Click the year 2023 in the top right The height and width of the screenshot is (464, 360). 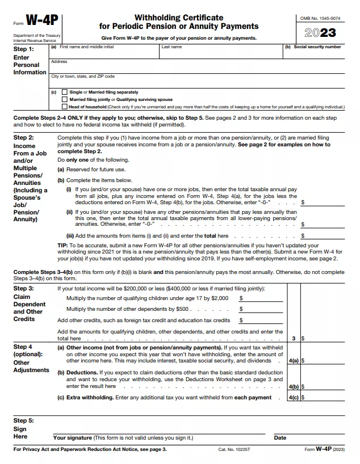tap(320, 33)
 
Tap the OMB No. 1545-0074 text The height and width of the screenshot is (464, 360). tap(320, 19)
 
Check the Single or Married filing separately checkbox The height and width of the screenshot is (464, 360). tap(64, 92)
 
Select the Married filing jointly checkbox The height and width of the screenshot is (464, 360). tap(64, 99)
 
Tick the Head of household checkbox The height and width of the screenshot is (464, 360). tap(64, 106)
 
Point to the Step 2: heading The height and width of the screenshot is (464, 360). tap(23, 138)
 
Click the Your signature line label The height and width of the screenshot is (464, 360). tap(123, 438)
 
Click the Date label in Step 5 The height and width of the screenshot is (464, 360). tap(280, 438)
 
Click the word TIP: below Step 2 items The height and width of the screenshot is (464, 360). tap(64, 246)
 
